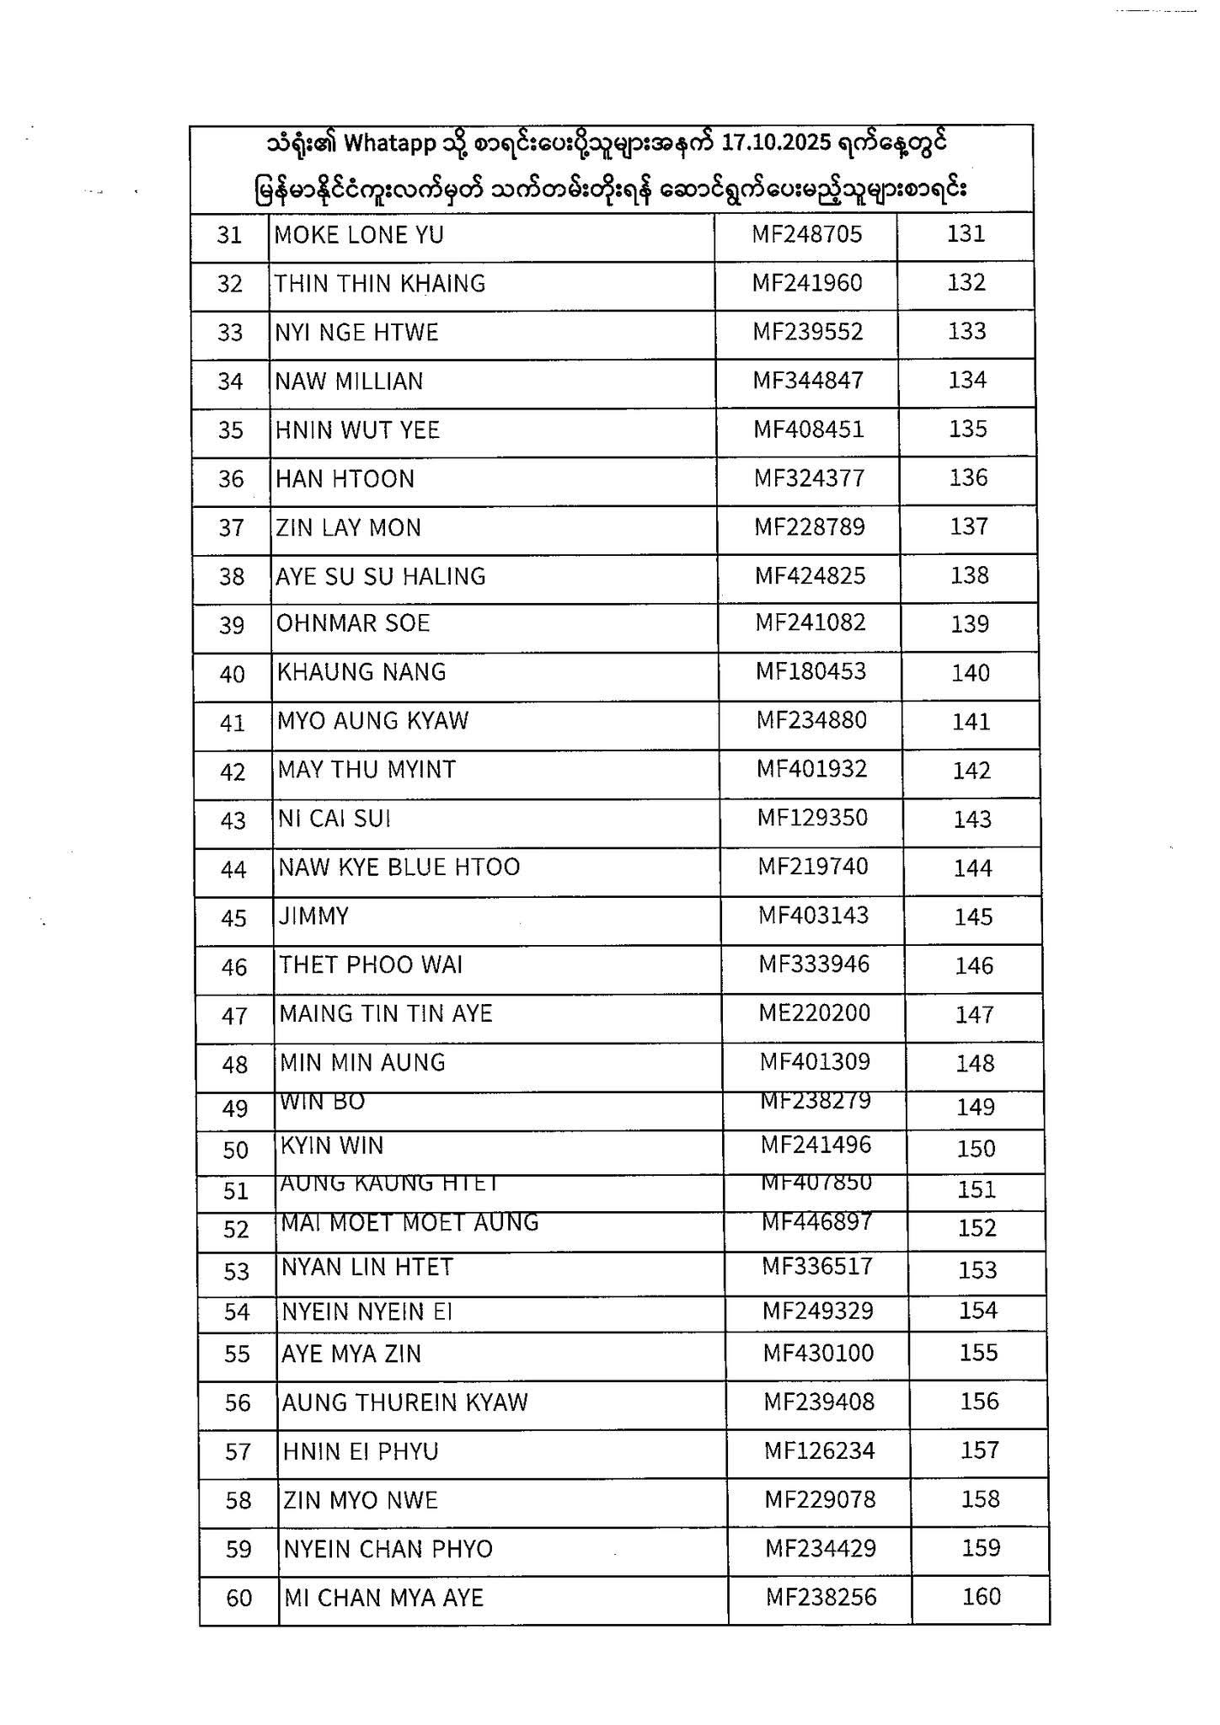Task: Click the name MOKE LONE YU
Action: coord(359,235)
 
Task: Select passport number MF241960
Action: coord(807,283)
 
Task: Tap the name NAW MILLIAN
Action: coord(349,382)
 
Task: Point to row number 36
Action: coord(231,479)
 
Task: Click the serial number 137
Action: coord(968,527)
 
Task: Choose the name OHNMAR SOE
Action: coord(353,623)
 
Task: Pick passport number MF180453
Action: coord(811,672)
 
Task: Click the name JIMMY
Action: coord(313,916)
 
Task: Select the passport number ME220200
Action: coord(814,1013)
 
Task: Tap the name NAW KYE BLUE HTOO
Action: coord(399,868)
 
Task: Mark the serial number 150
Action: coord(976,1149)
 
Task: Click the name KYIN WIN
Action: coord(332,1146)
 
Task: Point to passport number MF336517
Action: coord(817,1267)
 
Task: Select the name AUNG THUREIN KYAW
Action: coord(404,1402)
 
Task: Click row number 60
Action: coord(239,1598)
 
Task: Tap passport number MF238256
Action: coord(821,1597)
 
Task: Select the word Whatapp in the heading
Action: coord(389,145)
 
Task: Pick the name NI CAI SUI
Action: coord(334,819)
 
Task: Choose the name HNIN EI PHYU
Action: coord(361,1451)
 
